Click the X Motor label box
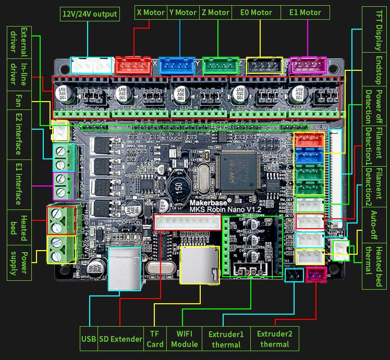(x=150, y=13)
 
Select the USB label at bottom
(x=89, y=339)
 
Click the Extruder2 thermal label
(x=274, y=339)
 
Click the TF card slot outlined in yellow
(x=199, y=265)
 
